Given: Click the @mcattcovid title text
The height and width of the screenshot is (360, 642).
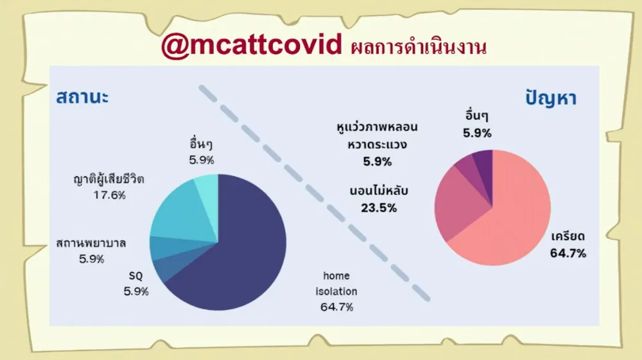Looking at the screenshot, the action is [252, 45].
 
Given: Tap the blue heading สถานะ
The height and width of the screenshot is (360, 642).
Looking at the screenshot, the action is [82, 98].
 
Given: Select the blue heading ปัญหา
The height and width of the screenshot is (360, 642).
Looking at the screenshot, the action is [551, 98].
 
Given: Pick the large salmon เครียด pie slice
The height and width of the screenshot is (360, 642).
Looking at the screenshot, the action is [512, 217].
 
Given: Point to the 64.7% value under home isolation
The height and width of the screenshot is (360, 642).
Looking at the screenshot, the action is [336, 307].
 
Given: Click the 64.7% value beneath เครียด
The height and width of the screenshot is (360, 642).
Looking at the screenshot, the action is [568, 253].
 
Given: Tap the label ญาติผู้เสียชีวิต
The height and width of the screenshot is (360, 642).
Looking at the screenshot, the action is [109, 179].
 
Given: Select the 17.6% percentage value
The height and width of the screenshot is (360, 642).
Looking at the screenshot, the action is [109, 195].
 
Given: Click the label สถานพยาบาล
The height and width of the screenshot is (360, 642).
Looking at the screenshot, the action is [91, 243].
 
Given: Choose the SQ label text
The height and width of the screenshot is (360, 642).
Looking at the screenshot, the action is [136, 276].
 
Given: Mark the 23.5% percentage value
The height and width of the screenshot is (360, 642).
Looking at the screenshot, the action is [379, 208].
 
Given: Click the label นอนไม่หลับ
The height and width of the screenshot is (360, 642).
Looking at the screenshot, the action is [379, 191].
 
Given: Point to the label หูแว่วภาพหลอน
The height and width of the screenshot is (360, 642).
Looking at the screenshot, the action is [377, 127].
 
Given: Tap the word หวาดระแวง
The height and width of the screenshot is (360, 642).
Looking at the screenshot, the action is [377, 144].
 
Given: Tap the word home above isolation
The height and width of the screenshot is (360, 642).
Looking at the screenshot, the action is [336, 276].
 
